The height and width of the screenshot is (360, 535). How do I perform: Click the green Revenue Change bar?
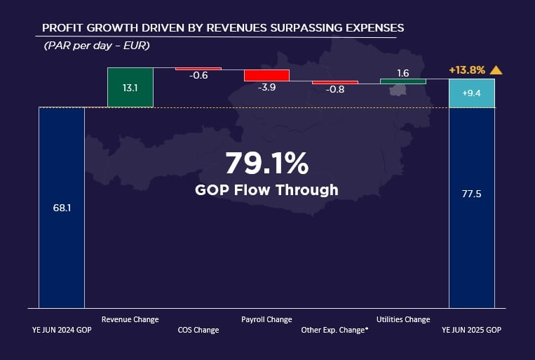pos(130,87)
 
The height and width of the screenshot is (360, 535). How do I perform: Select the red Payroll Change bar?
pos(266,75)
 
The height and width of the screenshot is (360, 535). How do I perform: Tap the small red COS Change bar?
pos(198,69)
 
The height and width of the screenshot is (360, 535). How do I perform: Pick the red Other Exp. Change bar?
pos(335,82)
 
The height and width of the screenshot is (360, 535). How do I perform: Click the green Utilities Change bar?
pos(403,81)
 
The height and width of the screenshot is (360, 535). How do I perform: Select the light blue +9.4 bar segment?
pos(471,93)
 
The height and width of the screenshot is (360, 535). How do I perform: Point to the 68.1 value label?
pos(62,208)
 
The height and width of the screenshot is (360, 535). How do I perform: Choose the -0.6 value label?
pos(198,76)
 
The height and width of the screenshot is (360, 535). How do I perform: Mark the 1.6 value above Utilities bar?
pos(403,73)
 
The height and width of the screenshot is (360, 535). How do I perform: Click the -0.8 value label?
pos(335,89)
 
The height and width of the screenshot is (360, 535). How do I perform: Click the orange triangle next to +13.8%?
pos(496,69)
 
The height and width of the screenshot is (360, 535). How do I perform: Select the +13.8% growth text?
pos(467,70)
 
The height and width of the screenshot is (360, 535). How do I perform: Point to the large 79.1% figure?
pos(266,164)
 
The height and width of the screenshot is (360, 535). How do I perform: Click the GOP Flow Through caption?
pos(266,189)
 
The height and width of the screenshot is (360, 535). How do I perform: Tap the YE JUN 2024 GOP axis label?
pos(62,330)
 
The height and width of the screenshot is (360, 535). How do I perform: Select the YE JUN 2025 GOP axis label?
pos(471,330)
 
